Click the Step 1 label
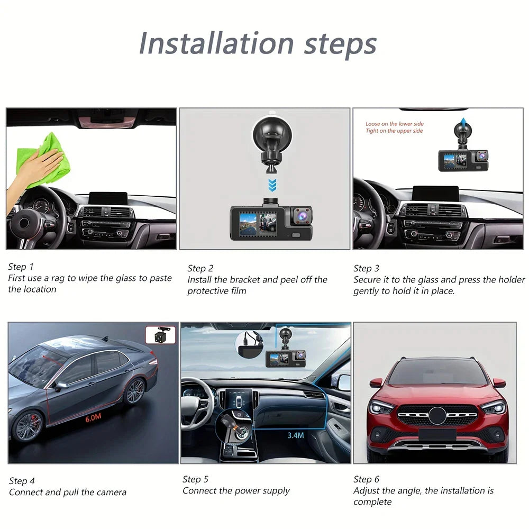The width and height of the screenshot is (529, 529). point(21,267)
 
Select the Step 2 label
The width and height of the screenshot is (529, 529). point(200,268)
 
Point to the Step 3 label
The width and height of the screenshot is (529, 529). point(366,268)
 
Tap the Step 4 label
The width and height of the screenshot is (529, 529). point(22,481)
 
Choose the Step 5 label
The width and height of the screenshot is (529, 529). point(195,479)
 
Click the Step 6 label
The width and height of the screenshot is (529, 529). point(366,479)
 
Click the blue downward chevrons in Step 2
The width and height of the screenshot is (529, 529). point(271,185)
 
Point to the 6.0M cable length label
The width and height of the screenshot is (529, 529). point(93,418)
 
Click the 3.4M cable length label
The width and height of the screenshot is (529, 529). point(296,435)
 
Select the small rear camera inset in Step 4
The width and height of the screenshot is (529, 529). point(160,335)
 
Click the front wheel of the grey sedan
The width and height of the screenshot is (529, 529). point(27,426)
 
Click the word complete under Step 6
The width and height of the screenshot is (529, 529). point(372,501)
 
